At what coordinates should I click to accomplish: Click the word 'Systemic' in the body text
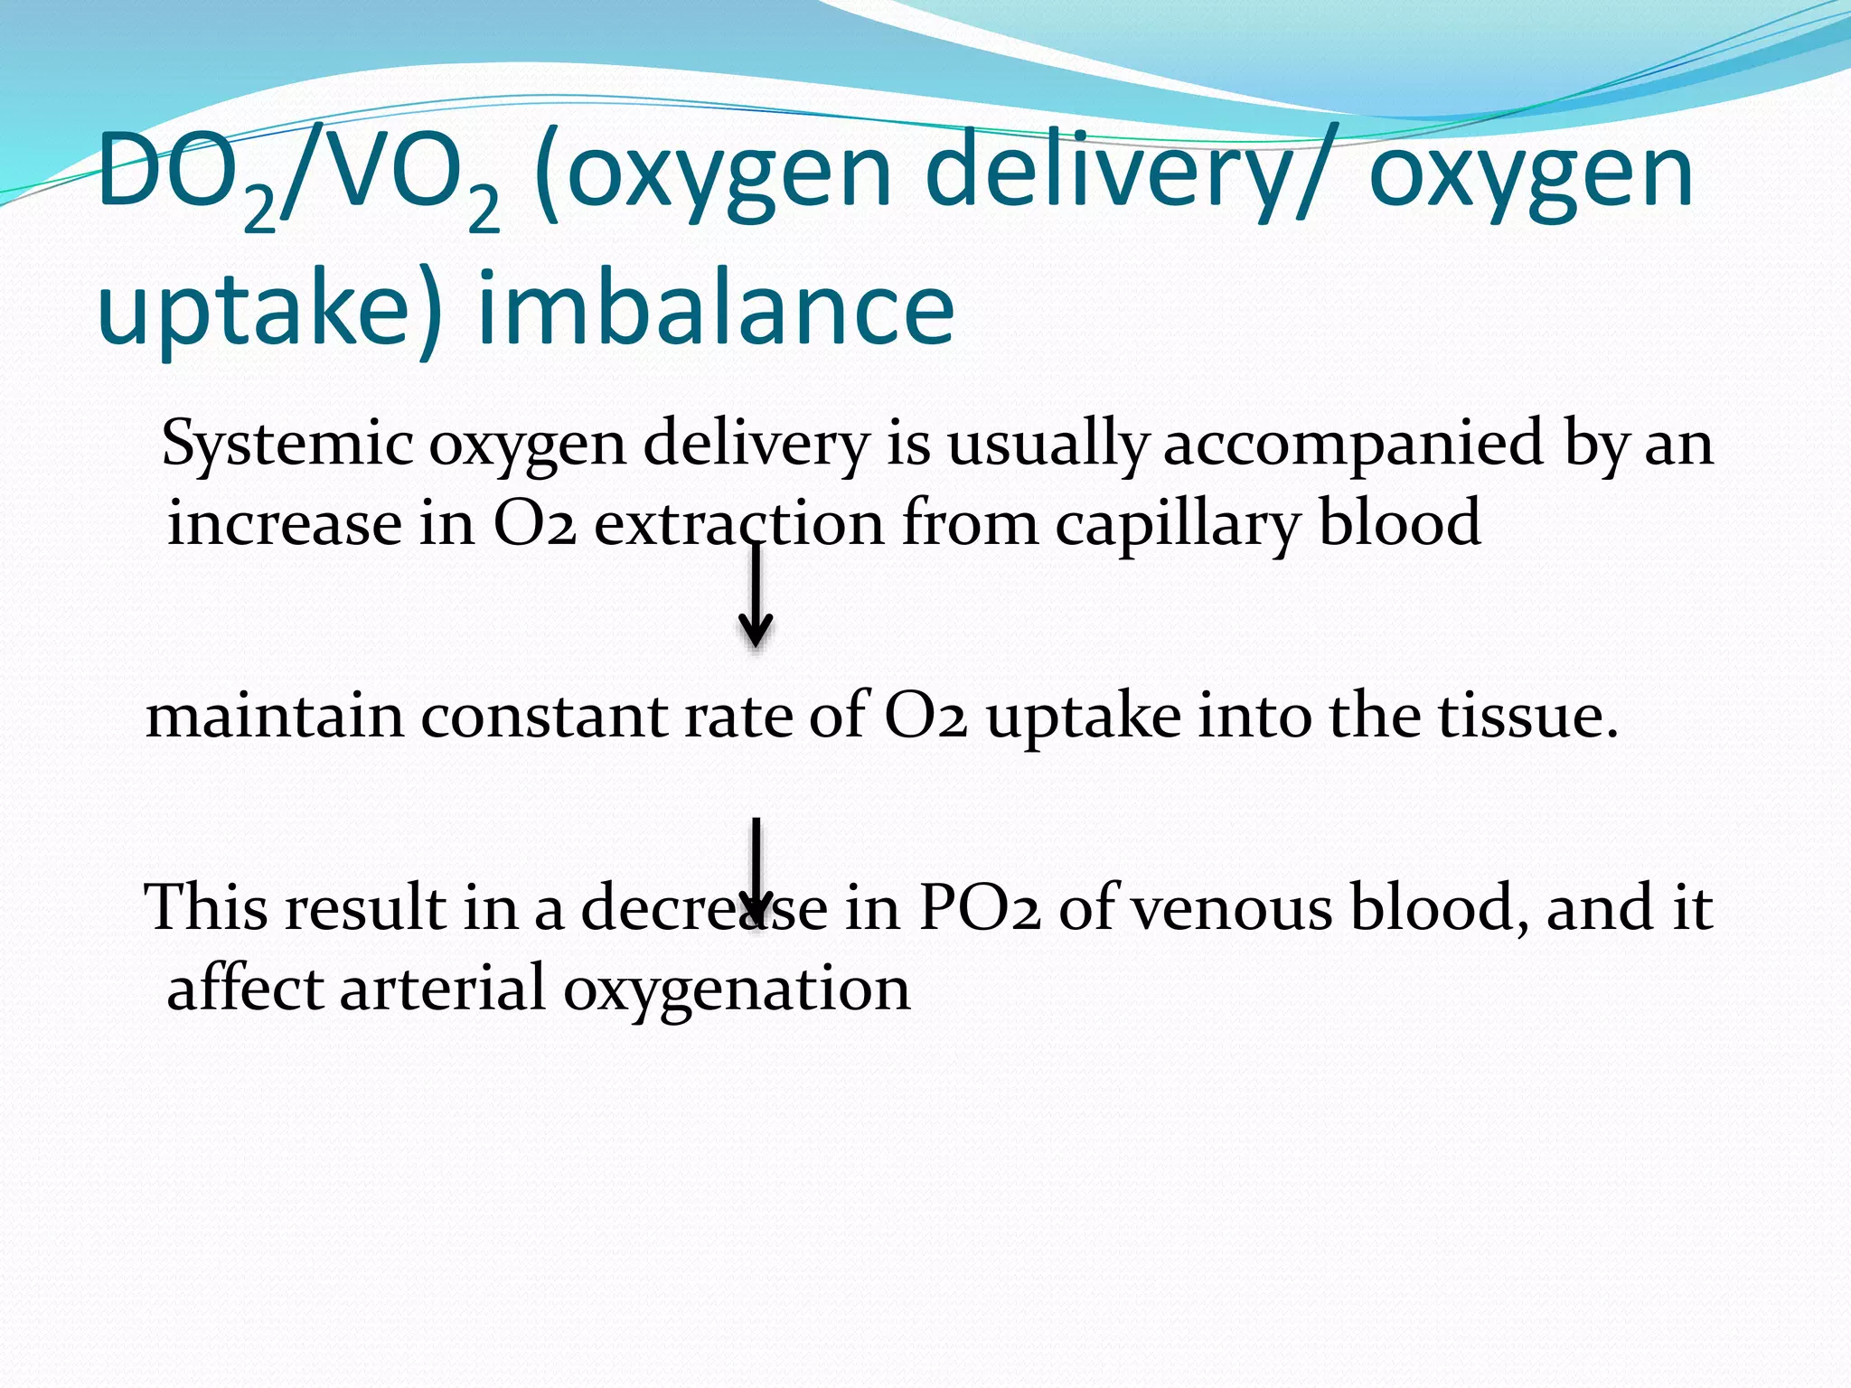pyautogui.click(x=287, y=445)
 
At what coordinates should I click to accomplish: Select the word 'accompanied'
pyautogui.click(x=1353, y=445)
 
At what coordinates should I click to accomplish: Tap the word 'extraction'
pyautogui.click(x=739, y=524)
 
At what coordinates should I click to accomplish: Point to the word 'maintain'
pyautogui.click(x=275, y=716)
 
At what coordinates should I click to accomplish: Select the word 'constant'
pyautogui.click(x=544, y=716)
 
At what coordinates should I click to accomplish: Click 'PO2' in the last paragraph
pyautogui.click(x=980, y=907)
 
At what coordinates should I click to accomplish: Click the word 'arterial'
pyautogui.click(x=443, y=988)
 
